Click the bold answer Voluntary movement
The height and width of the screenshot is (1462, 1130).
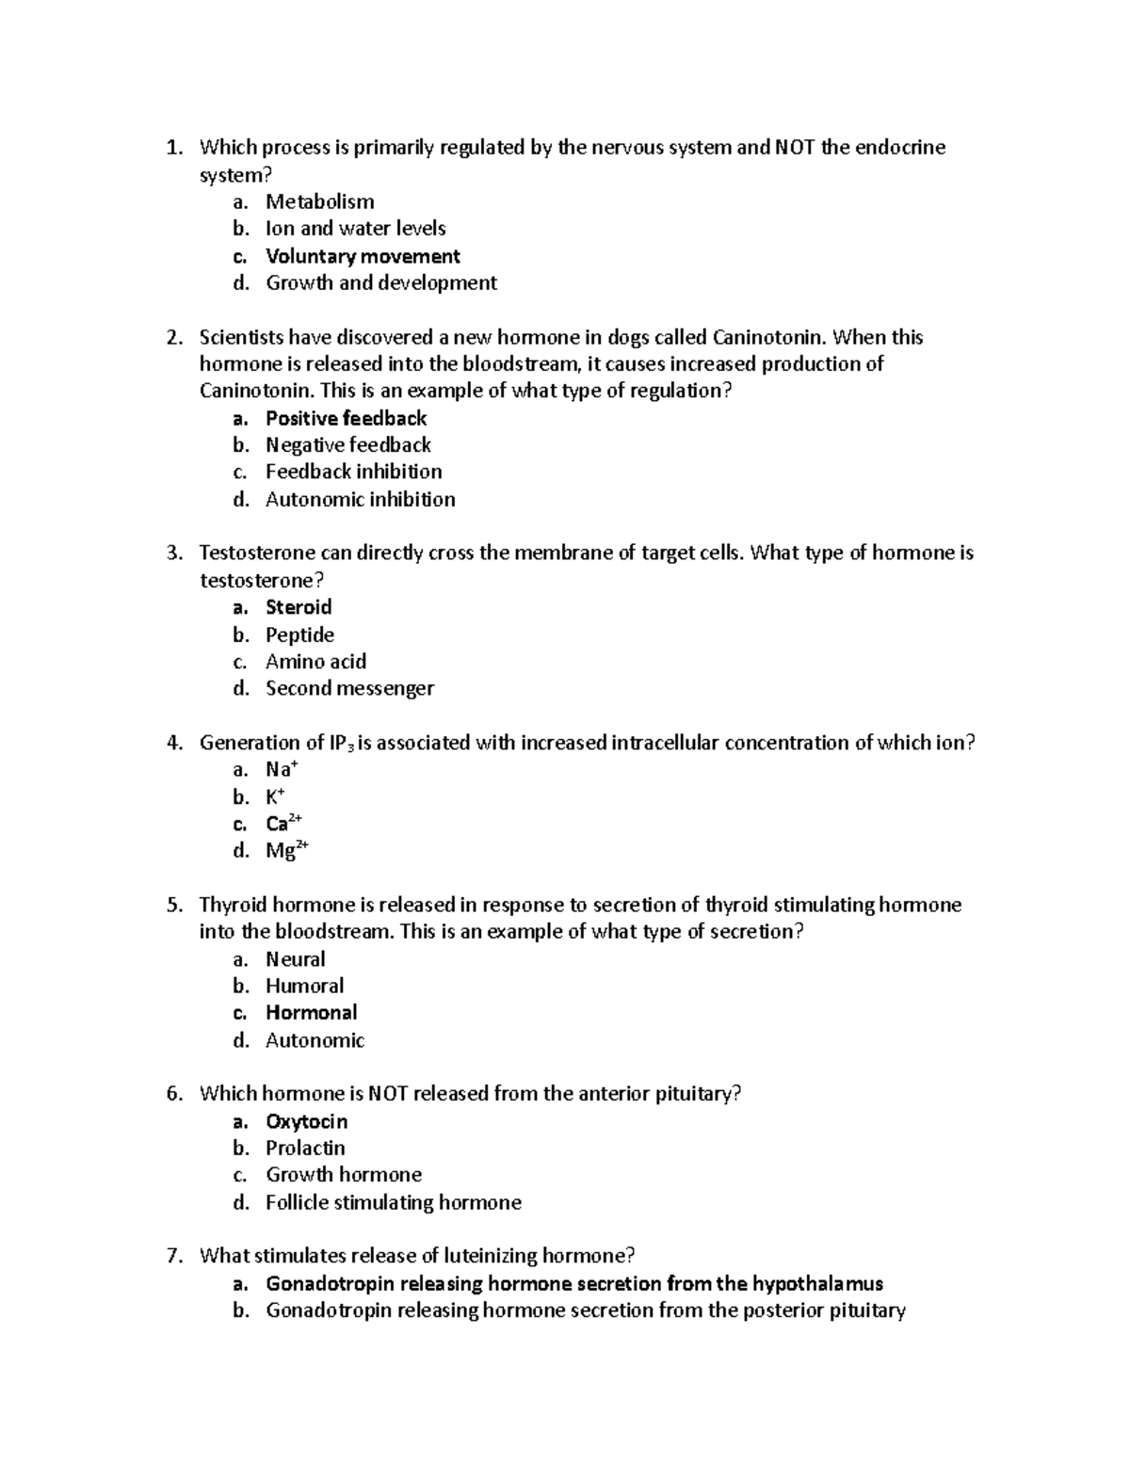[363, 256]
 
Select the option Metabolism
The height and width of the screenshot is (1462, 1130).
[319, 201]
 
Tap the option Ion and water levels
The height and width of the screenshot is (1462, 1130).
[355, 228]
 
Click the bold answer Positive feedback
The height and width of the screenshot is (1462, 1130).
[346, 418]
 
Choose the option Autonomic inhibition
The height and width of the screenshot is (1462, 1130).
[360, 499]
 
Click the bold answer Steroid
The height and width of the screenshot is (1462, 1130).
[299, 607]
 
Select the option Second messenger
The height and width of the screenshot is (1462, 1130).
[349, 688]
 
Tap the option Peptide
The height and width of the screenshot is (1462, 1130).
[299, 635]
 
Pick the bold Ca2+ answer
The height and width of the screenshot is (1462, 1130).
[282, 824]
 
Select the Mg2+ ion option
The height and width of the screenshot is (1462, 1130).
[286, 851]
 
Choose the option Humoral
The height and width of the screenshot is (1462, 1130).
[304, 986]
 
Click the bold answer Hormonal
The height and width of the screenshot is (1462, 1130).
[311, 1013]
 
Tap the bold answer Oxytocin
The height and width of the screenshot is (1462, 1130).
[306, 1121]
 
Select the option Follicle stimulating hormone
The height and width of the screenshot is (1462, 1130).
[393, 1202]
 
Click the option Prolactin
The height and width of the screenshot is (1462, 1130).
[305, 1148]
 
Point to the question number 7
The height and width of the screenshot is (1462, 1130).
[173, 1256]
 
